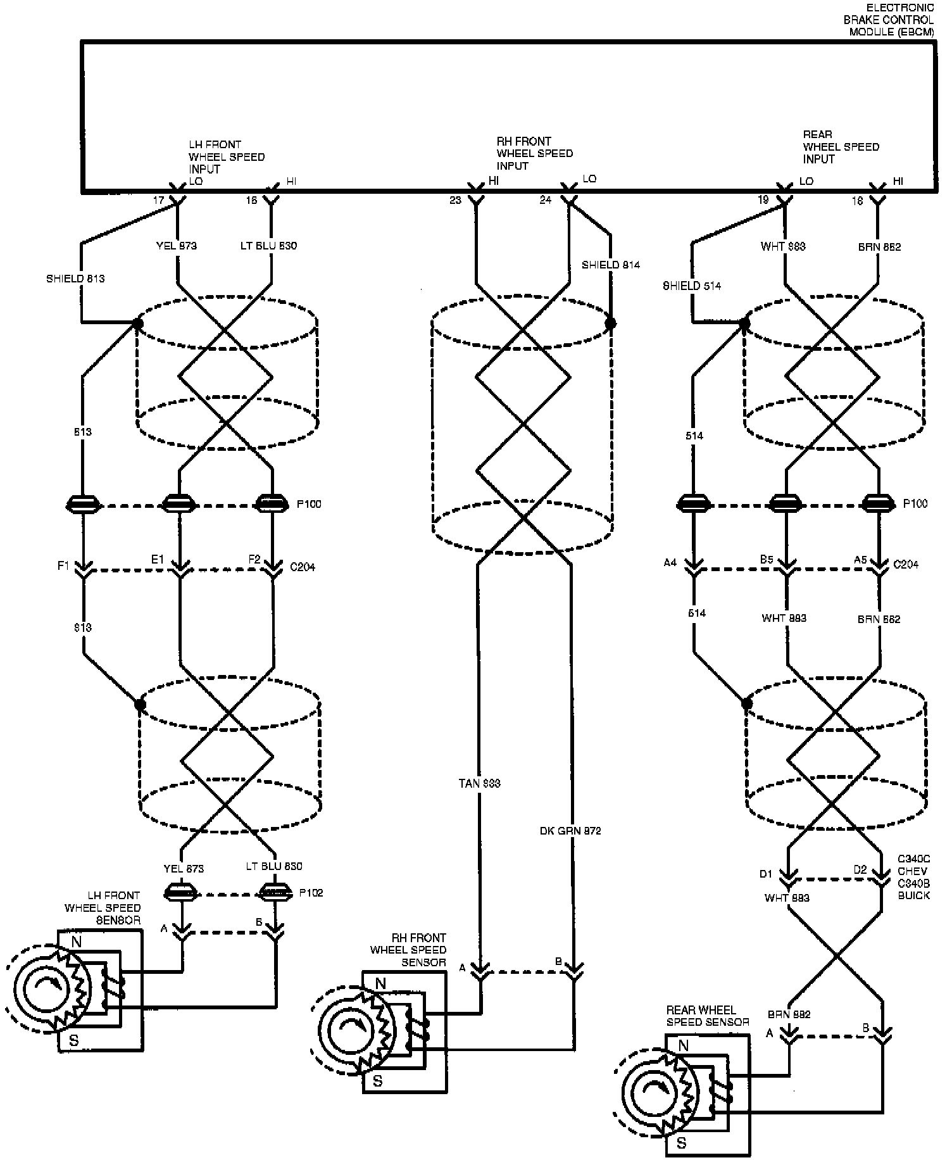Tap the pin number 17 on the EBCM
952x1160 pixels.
pos(158,200)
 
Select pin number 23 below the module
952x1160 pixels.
pos(455,200)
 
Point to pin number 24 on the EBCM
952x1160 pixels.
pos(546,200)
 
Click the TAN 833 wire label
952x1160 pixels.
pos(479,783)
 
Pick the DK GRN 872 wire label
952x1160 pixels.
pos(570,830)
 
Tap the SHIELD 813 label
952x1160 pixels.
pos(75,278)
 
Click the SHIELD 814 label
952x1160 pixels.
pos(610,265)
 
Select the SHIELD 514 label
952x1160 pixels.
pos(692,286)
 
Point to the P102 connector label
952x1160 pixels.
pos(311,893)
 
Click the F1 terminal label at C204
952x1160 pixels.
pos(63,566)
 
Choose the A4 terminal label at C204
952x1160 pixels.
pos(670,562)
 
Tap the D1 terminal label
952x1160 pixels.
pos(766,874)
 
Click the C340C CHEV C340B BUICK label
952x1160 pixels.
pos(914,877)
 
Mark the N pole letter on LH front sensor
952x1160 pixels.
pos(77,942)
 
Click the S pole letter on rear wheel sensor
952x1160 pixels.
pos(682,1144)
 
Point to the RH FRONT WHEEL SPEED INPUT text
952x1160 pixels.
pos(534,153)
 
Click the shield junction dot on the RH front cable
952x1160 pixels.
pos(610,324)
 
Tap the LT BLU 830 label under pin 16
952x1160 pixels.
pos(268,246)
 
